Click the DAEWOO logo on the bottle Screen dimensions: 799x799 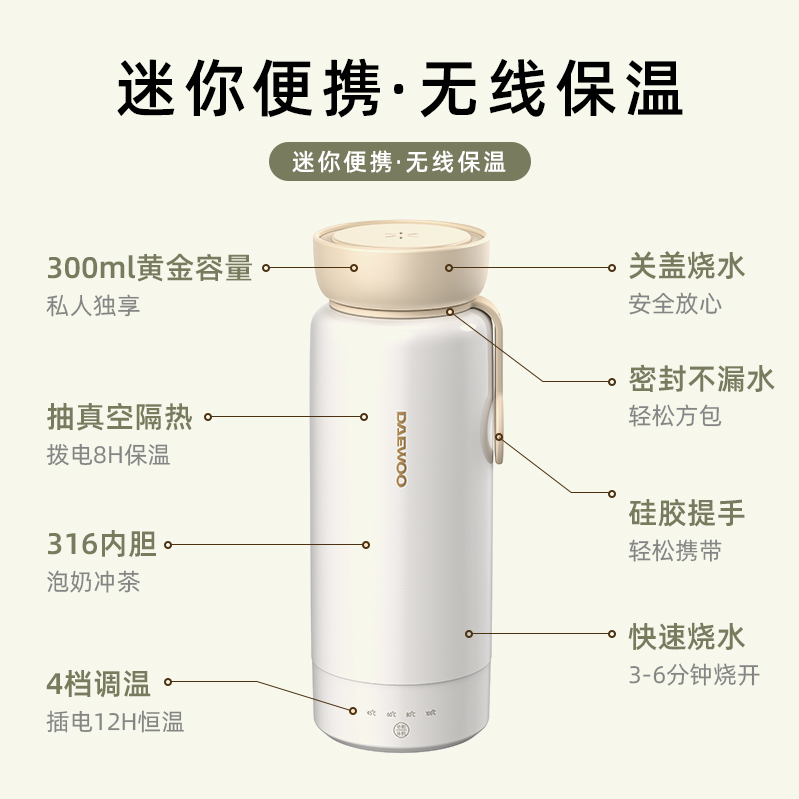tap(401, 450)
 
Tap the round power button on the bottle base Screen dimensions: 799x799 tap(400, 730)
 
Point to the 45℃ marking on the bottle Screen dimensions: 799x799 tap(371, 713)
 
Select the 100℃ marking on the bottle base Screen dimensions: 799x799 tap(431, 713)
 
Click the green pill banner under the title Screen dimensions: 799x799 tap(400, 162)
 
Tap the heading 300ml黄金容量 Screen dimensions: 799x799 tap(150, 267)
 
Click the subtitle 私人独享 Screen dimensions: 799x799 tap(93, 306)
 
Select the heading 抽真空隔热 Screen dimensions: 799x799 tap(120, 417)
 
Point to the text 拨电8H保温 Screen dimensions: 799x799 tap(108, 455)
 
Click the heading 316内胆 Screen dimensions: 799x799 tap(102, 544)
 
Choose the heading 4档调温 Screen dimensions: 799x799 tap(98, 683)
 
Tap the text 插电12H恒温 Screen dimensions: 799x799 tap(115, 721)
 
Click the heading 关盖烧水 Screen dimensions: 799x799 tap(687, 266)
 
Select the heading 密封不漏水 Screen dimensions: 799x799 tap(702, 380)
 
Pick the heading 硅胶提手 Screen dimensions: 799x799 tap(687, 513)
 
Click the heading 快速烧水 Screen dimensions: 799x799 tap(687, 636)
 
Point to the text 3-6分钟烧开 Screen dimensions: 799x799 tap(694, 675)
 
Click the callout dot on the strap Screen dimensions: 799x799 tap(499, 437)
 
